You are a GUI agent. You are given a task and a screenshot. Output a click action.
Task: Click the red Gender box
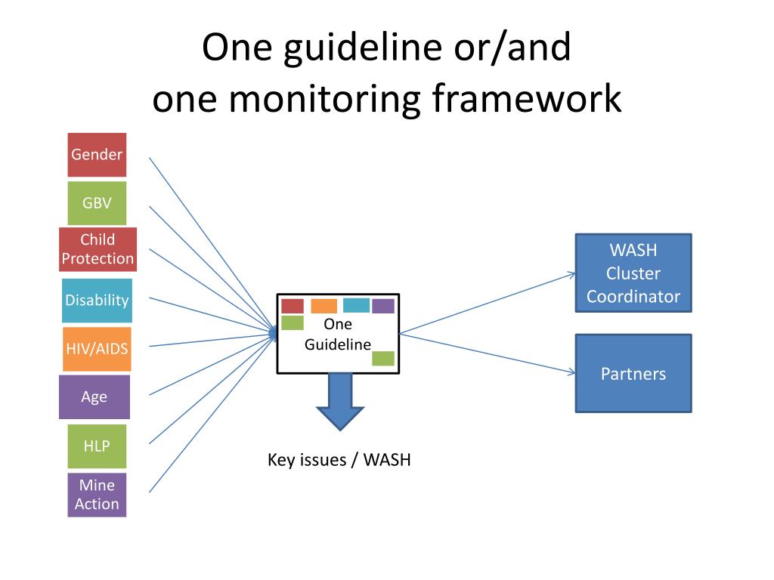pos(97,154)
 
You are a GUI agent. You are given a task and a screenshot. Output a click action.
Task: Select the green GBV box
pos(97,202)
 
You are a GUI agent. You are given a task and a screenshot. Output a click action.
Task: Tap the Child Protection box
pos(98,249)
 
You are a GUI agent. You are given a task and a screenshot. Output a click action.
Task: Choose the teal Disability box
pos(97,301)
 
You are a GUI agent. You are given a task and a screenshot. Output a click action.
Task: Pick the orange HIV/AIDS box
pos(97,349)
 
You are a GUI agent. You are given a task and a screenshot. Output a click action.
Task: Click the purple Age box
pos(94,397)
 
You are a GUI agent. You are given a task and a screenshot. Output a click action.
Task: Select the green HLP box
pos(97,446)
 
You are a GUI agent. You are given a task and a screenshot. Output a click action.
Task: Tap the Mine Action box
pos(97,495)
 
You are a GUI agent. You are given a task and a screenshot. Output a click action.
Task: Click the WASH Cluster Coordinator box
pos(633,273)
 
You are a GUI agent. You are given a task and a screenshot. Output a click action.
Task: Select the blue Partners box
pos(633,373)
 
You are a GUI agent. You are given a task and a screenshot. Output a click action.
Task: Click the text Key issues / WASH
pos(339,460)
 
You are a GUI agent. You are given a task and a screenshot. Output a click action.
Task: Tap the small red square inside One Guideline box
pos(293,306)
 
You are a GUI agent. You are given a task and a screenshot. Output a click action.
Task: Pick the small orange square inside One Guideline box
pos(324,306)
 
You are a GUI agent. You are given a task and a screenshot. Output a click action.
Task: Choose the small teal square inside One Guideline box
pos(356,305)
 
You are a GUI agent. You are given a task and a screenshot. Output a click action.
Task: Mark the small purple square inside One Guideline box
pos(383,306)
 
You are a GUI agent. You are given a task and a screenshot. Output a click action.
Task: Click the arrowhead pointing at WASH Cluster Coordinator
pos(571,274)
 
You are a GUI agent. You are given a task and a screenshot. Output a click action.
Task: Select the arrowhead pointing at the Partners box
pos(571,372)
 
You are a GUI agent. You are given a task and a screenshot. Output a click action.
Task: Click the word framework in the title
pos(527,98)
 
